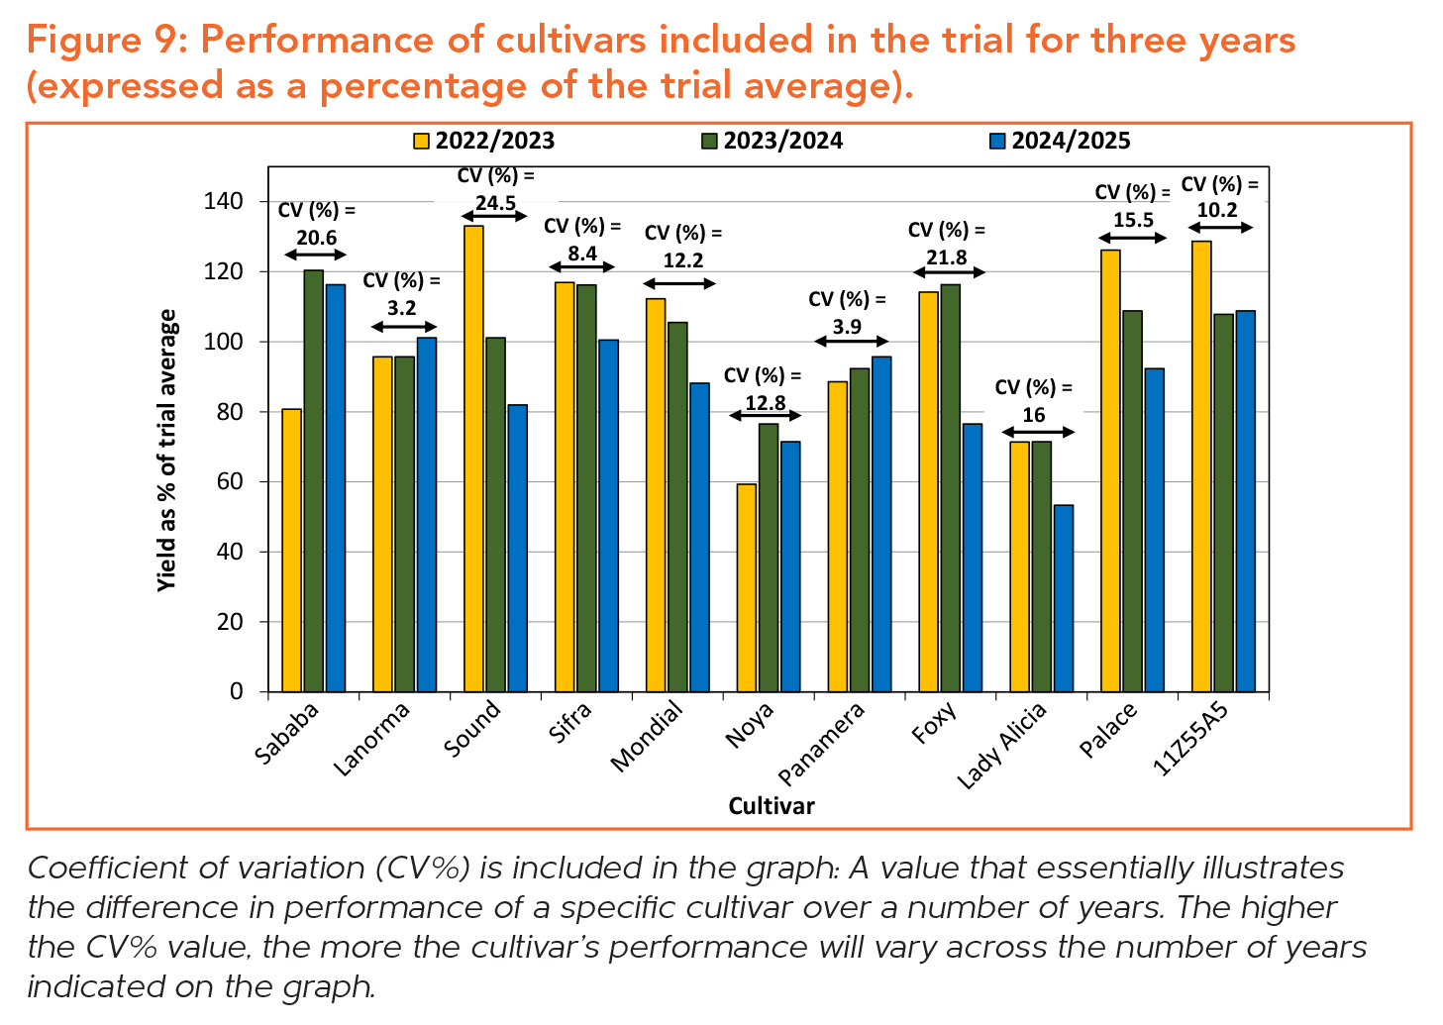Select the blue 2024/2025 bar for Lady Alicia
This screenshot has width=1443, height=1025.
click(1064, 598)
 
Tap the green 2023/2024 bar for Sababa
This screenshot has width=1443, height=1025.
click(313, 480)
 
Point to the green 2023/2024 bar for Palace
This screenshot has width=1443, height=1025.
click(1133, 501)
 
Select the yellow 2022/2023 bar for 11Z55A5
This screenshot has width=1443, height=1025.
click(1201, 465)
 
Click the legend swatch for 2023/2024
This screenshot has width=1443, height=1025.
click(709, 142)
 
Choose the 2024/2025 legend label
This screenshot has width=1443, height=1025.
click(1071, 141)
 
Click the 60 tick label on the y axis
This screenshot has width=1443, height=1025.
click(229, 482)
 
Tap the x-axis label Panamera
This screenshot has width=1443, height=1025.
click(822, 743)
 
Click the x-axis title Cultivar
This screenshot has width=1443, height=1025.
click(771, 806)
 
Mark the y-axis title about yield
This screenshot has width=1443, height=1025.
click(167, 451)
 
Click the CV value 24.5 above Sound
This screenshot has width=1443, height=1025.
click(495, 203)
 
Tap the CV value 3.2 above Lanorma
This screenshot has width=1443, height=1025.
click(402, 308)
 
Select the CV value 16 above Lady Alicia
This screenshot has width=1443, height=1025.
click(1034, 415)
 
